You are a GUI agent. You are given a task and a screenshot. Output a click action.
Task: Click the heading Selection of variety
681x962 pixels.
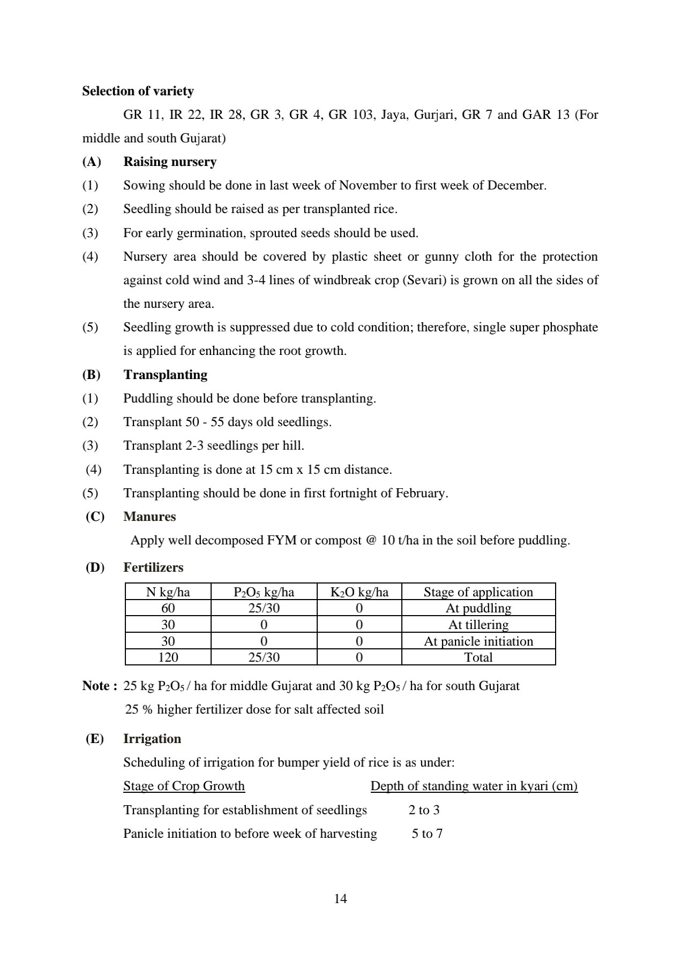[x=138, y=91]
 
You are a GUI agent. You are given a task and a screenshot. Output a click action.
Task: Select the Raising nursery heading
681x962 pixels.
[x=170, y=162]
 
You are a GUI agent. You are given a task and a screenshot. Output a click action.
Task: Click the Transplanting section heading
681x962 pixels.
[x=165, y=375]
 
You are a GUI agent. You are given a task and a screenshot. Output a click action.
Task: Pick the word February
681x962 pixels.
[x=420, y=493]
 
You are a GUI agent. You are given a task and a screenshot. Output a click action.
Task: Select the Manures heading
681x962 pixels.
[x=149, y=517]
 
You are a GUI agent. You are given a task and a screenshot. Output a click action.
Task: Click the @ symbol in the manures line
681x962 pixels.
[x=371, y=540]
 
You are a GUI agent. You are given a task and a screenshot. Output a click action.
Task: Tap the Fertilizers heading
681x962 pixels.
[x=153, y=567]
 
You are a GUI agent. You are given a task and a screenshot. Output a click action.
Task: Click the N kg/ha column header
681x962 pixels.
[x=168, y=592]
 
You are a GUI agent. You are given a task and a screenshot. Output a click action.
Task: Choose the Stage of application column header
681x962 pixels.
[x=478, y=592]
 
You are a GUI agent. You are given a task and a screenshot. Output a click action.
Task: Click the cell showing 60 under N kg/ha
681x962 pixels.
[x=168, y=608]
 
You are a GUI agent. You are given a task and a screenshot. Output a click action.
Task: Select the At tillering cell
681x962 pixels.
[x=478, y=625]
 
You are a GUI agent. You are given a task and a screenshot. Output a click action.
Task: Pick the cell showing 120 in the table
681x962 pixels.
[x=168, y=657]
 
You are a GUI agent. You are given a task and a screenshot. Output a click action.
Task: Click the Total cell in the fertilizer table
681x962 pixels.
[x=478, y=657]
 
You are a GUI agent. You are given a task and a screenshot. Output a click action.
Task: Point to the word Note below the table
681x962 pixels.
[x=96, y=686]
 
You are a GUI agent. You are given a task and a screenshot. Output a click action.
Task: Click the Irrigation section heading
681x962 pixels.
[x=152, y=739]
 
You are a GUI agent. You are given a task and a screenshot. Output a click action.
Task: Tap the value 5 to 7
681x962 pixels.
[x=427, y=834]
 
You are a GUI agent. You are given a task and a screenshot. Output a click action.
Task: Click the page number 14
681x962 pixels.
[x=340, y=899]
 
